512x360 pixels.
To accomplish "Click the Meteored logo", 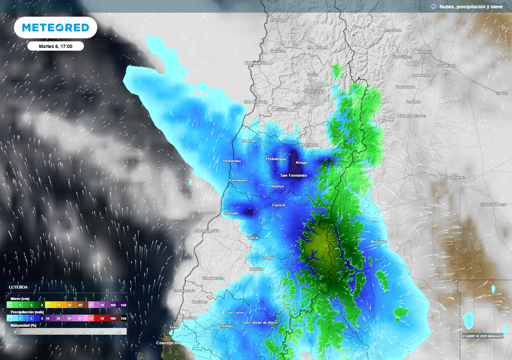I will [x=55, y=27].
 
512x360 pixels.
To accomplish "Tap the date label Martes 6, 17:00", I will [x=55, y=46].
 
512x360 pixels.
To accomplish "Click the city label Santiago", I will [x=314, y=91].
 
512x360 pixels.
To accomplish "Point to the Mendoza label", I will [x=424, y=51].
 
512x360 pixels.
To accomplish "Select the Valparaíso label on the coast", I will [x=255, y=63].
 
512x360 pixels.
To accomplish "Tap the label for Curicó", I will [x=278, y=205].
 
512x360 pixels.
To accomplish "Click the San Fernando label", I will [x=293, y=175].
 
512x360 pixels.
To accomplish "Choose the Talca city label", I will [x=253, y=237].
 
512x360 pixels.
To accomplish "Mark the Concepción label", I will [x=168, y=343].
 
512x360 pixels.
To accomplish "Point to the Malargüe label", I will [x=378, y=241].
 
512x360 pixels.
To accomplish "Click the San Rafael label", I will [x=455, y=177].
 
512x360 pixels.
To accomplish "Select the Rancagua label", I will [x=308, y=145].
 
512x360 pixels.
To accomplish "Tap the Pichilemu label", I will [x=231, y=161].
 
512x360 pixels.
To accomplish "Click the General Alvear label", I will [x=493, y=204].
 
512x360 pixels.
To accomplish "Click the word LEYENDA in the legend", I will [x=18, y=287].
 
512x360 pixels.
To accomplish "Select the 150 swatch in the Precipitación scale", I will [x=123, y=318].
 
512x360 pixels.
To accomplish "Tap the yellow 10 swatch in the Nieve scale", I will [x=48, y=304].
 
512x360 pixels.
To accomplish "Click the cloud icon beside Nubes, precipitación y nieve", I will [x=433, y=6].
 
